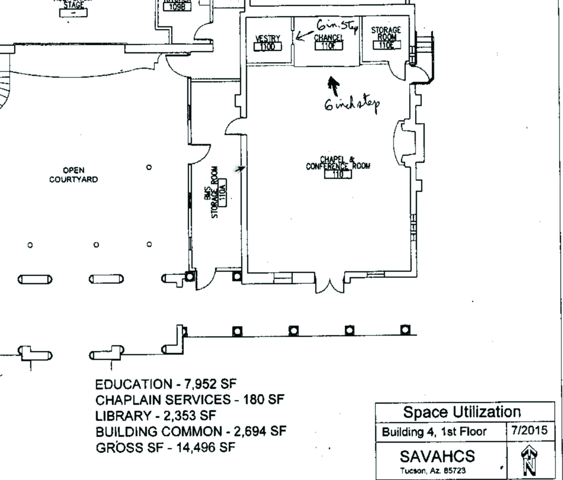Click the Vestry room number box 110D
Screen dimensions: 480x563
(268, 47)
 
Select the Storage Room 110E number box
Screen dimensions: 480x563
(386, 45)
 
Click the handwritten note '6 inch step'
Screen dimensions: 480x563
(352, 105)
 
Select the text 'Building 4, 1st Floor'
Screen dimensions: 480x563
(434, 432)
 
